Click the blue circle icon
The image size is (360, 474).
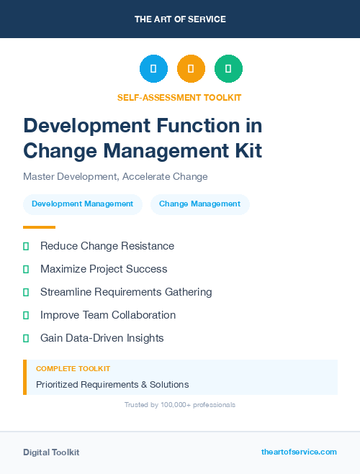(x=153, y=69)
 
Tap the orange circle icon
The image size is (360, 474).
(x=191, y=69)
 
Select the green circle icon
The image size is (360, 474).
(x=228, y=69)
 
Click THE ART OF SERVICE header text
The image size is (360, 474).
(x=180, y=19)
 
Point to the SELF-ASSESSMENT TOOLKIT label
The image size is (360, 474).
(x=179, y=98)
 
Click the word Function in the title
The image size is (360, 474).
(x=201, y=126)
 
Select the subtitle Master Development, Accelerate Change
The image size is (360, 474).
(x=115, y=177)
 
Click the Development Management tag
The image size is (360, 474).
(x=83, y=204)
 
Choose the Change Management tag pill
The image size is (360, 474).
(x=199, y=204)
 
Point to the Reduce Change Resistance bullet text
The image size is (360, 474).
(x=107, y=246)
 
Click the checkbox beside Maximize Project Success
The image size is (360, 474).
(x=26, y=270)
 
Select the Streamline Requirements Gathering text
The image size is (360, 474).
(x=126, y=292)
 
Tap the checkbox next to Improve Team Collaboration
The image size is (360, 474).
(x=26, y=316)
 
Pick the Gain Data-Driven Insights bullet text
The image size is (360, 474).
(x=102, y=338)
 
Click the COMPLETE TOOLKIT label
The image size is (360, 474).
(x=68, y=369)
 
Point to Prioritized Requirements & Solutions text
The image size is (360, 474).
(x=112, y=384)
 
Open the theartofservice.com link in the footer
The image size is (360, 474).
(x=299, y=452)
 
